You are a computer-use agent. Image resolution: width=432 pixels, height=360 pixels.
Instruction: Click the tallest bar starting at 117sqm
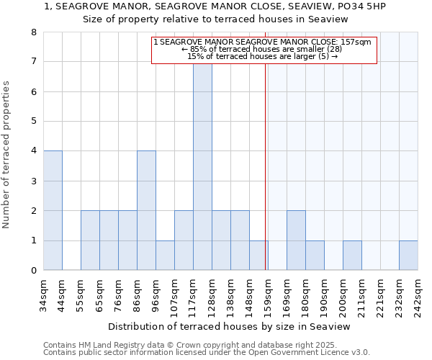click(x=202, y=166)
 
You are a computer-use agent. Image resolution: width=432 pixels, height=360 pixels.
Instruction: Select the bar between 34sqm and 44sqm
click(x=53, y=210)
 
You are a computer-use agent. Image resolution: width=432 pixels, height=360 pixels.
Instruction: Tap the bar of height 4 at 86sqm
click(x=146, y=210)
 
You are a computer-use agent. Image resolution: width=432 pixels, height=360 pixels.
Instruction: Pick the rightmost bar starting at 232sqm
click(x=408, y=255)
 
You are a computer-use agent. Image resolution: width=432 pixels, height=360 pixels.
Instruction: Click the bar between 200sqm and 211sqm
click(x=352, y=255)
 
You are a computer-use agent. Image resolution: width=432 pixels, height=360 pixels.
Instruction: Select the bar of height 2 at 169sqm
click(x=296, y=240)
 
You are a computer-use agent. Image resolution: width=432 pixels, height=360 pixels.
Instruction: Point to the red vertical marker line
click(x=266, y=180)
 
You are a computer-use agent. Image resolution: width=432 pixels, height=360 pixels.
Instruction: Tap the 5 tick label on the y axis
click(x=33, y=122)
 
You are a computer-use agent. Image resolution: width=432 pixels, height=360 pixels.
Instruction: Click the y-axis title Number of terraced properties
click(x=7, y=155)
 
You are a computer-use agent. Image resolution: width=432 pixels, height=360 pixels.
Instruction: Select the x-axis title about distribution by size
click(x=228, y=327)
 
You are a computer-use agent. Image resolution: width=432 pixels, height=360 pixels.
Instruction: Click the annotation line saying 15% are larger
click(x=262, y=56)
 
